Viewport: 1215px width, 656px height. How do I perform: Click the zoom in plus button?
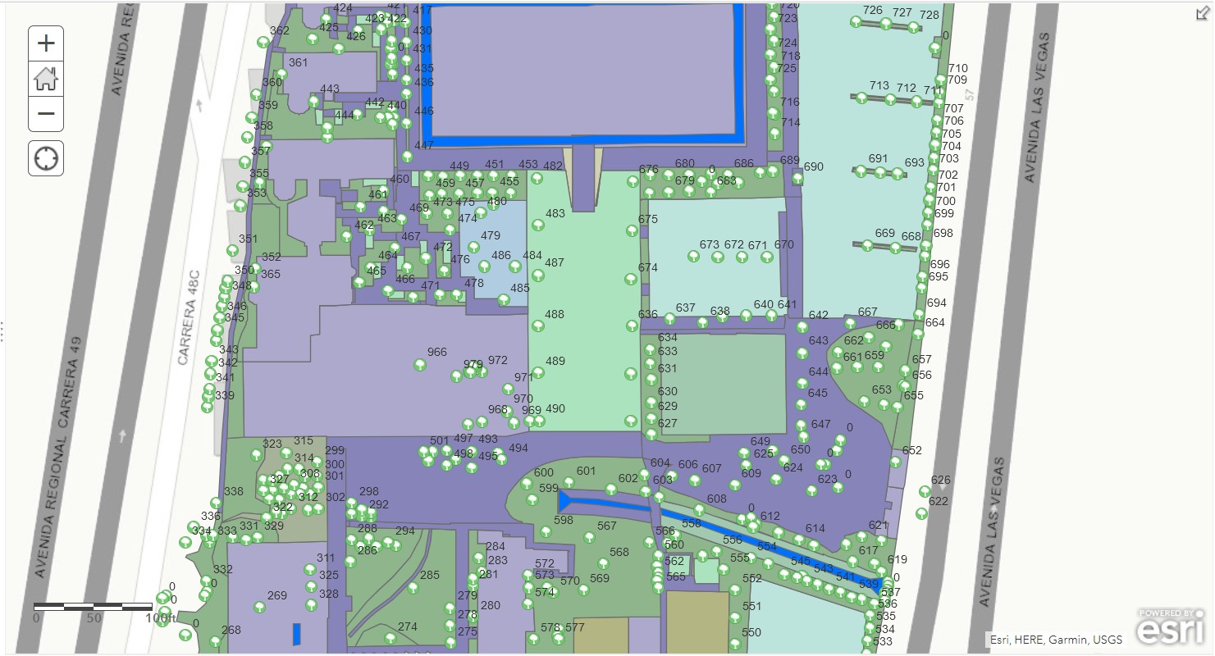46,43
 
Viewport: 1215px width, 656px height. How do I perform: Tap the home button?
46,79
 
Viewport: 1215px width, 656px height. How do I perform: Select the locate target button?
46,157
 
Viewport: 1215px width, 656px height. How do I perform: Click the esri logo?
1171,629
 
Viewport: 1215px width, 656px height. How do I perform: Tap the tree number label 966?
437,352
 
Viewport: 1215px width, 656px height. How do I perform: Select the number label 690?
813,166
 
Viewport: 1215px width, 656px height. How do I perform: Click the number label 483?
555,213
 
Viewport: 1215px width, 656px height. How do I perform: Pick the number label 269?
277,595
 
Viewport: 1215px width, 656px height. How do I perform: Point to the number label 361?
299,62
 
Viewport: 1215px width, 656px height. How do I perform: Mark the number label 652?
912,450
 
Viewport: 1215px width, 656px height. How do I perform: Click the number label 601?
586,471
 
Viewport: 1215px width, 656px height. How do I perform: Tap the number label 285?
430,575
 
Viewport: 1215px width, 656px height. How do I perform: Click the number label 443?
330,89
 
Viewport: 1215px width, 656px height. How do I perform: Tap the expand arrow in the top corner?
1203,12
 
